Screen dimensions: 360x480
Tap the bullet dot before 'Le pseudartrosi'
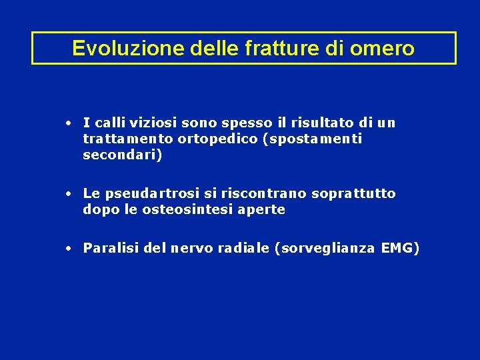click(69, 194)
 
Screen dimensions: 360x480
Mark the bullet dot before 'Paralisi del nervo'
click(69, 249)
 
